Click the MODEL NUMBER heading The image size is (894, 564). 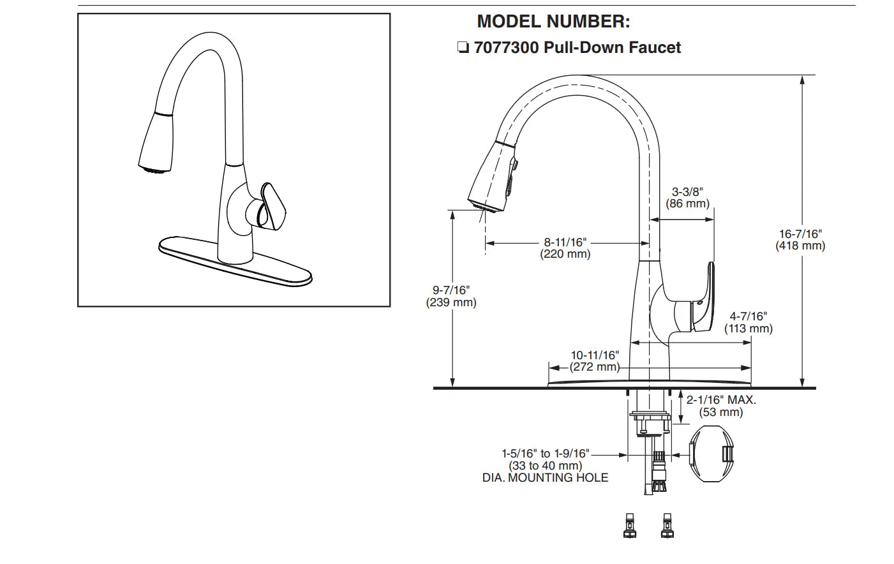coord(553,22)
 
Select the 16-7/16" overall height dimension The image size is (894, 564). coord(800,234)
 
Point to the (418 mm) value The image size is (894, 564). coord(800,246)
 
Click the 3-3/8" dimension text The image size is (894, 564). coord(688,191)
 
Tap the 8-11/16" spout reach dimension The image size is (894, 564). coord(565,242)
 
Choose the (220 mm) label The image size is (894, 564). coord(565,254)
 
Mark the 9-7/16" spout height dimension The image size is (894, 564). coord(451,290)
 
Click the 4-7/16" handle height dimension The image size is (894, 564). coord(748,316)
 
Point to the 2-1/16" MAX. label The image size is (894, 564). coord(721,400)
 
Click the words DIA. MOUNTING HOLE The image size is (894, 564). coord(545,477)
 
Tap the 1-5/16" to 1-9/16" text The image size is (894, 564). coord(545,454)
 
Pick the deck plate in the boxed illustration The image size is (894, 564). coord(235,262)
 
